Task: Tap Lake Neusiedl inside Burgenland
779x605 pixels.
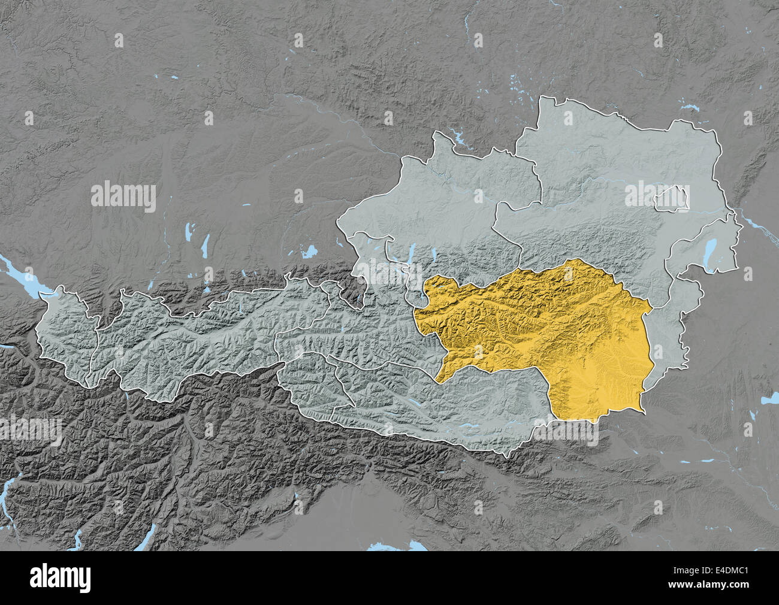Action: point(711,247)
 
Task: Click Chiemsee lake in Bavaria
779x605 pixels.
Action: point(309,252)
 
